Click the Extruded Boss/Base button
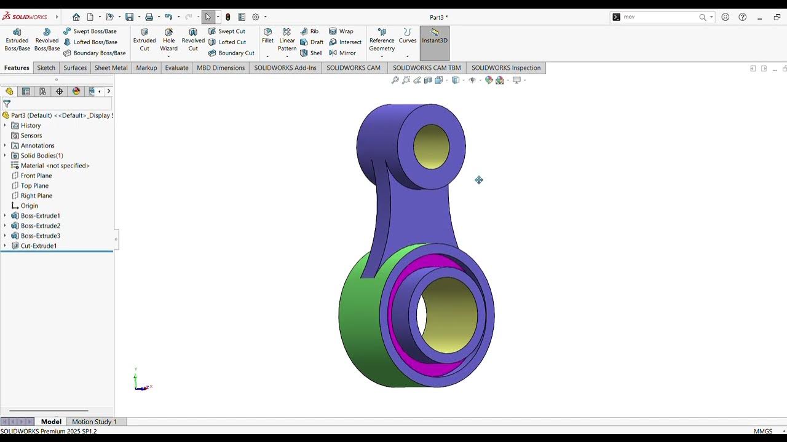pyautogui.click(x=17, y=39)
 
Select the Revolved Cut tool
pyautogui.click(x=193, y=39)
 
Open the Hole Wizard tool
pyautogui.click(x=168, y=39)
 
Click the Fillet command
pyautogui.click(x=267, y=36)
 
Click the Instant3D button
pyautogui.click(x=435, y=36)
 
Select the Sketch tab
pyautogui.click(x=46, y=68)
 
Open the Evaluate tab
pyautogui.click(x=176, y=68)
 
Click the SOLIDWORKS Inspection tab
pyautogui.click(x=505, y=68)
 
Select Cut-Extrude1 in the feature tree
pyautogui.click(x=39, y=246)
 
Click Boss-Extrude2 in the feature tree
pyautogui.click(x=41, y=226)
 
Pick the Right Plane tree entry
pyautogui.click(x=36, y=196)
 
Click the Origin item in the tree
pyautogui.click(x=30, y=206)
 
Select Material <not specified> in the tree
pyautogui.click(x=55, y=166)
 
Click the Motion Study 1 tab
pyautogui.click(x=94, y=422)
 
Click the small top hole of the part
pyautogui.click(x=431, y=147)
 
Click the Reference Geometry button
pyautogui.click(x=382, y=39)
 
